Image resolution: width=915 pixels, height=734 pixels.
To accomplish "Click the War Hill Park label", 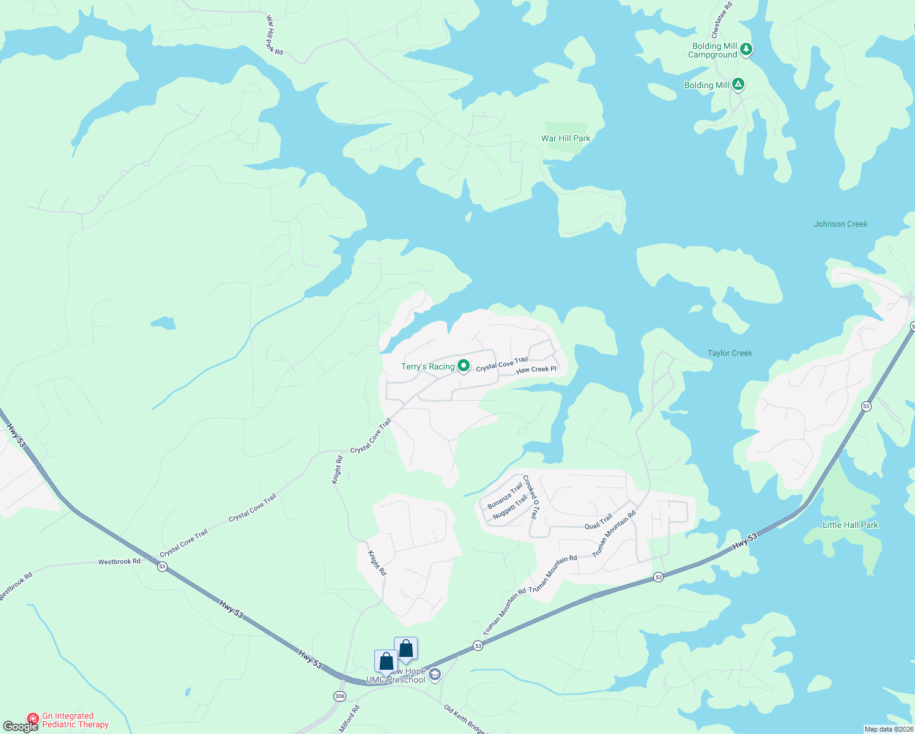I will [566, 138].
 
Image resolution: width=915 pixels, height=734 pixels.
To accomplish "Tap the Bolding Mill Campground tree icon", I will [746, 49].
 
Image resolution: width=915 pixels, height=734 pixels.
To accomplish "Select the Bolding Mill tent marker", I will [738, 84].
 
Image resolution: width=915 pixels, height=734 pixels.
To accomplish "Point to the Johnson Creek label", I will [840, 224].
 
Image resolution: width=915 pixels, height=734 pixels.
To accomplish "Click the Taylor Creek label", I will [730, 353].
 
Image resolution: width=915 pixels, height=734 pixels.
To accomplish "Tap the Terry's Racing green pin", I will [464, 366].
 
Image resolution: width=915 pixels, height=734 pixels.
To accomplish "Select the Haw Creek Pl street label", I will [536, 369].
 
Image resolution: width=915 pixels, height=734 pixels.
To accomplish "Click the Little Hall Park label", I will [850, 525].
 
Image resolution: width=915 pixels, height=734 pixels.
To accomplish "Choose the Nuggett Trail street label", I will [509, 508].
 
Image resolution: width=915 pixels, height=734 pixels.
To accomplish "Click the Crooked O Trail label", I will [531, 497].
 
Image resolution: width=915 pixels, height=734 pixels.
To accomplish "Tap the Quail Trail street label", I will [598, 522].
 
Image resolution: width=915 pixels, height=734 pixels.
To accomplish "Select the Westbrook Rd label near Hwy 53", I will [119, 562].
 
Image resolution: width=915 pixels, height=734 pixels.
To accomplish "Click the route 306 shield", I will [339, 696].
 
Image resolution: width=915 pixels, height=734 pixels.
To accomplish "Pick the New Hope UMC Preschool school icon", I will [434, 675].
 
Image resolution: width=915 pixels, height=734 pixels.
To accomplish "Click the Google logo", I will [20, 727].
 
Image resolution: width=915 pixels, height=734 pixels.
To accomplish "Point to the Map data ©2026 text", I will [889, 729].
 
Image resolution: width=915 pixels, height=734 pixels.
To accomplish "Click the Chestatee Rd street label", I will [722, 20].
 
